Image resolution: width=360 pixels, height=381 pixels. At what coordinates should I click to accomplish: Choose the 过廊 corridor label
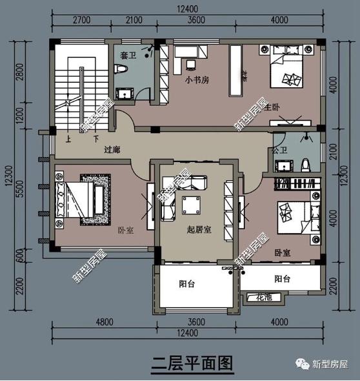pyautogui.click(x=112, y=149)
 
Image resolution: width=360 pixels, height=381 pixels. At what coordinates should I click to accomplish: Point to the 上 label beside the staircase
pyautogui.click(x=68, y=138)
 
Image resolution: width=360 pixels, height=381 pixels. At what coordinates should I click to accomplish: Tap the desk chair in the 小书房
pyautogui.click(x=190, y=65)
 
